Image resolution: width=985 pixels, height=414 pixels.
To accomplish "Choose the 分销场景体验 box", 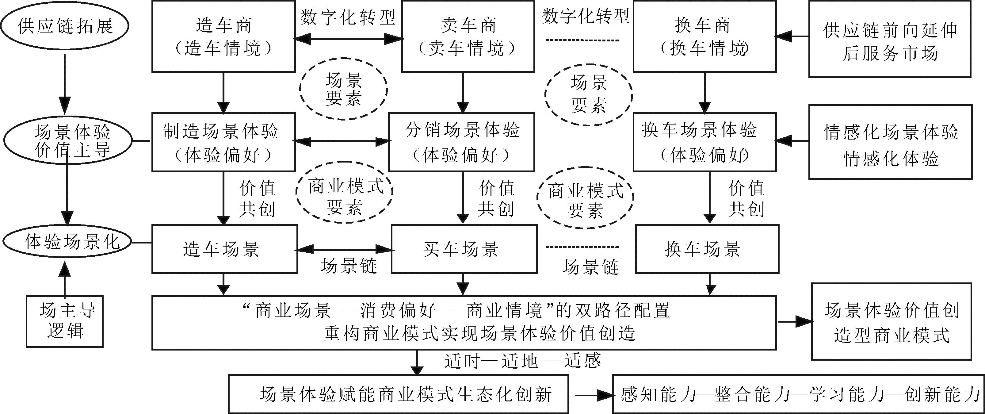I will click(x=461, y=142).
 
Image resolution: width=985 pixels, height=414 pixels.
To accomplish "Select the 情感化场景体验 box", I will click(x=891, y=142).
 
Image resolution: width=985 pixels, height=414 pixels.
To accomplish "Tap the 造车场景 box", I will click(x=224, y=249).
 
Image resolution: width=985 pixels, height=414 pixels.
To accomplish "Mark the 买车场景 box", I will click(x=464, y=249).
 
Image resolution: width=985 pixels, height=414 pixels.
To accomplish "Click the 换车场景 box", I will click(x=707, y=249).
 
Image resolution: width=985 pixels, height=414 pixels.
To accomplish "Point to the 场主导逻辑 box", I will click(x=65, y=321).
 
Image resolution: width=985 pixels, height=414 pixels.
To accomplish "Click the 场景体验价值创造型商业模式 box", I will click(x=891, y=322).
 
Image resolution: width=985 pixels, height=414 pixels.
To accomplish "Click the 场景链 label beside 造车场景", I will click(x=349, y=266).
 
